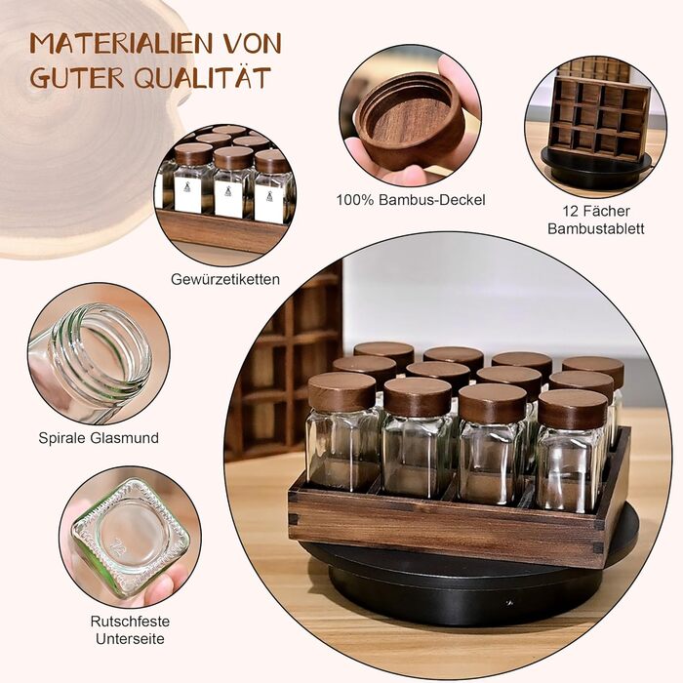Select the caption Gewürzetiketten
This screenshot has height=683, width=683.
225,279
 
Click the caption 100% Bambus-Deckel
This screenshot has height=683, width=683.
411,200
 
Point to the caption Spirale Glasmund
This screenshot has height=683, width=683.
99,438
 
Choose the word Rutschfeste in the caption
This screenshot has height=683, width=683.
130,622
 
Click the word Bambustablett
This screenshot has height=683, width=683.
596,228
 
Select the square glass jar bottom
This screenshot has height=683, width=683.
131,537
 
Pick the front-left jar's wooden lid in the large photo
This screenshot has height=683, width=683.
341,391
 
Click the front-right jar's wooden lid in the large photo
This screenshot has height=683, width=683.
573,409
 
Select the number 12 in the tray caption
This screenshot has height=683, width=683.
571,212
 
